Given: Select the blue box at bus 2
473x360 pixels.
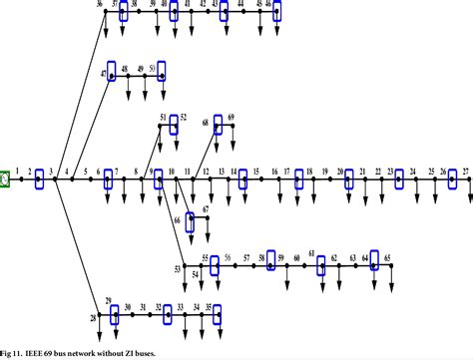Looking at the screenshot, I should (40, 180).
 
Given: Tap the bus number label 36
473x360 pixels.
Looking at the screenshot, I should (100, 5).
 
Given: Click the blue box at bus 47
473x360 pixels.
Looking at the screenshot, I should (113, 73).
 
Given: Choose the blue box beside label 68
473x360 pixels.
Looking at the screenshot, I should (218, 127).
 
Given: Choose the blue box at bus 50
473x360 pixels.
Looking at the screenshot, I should (162, 71).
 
